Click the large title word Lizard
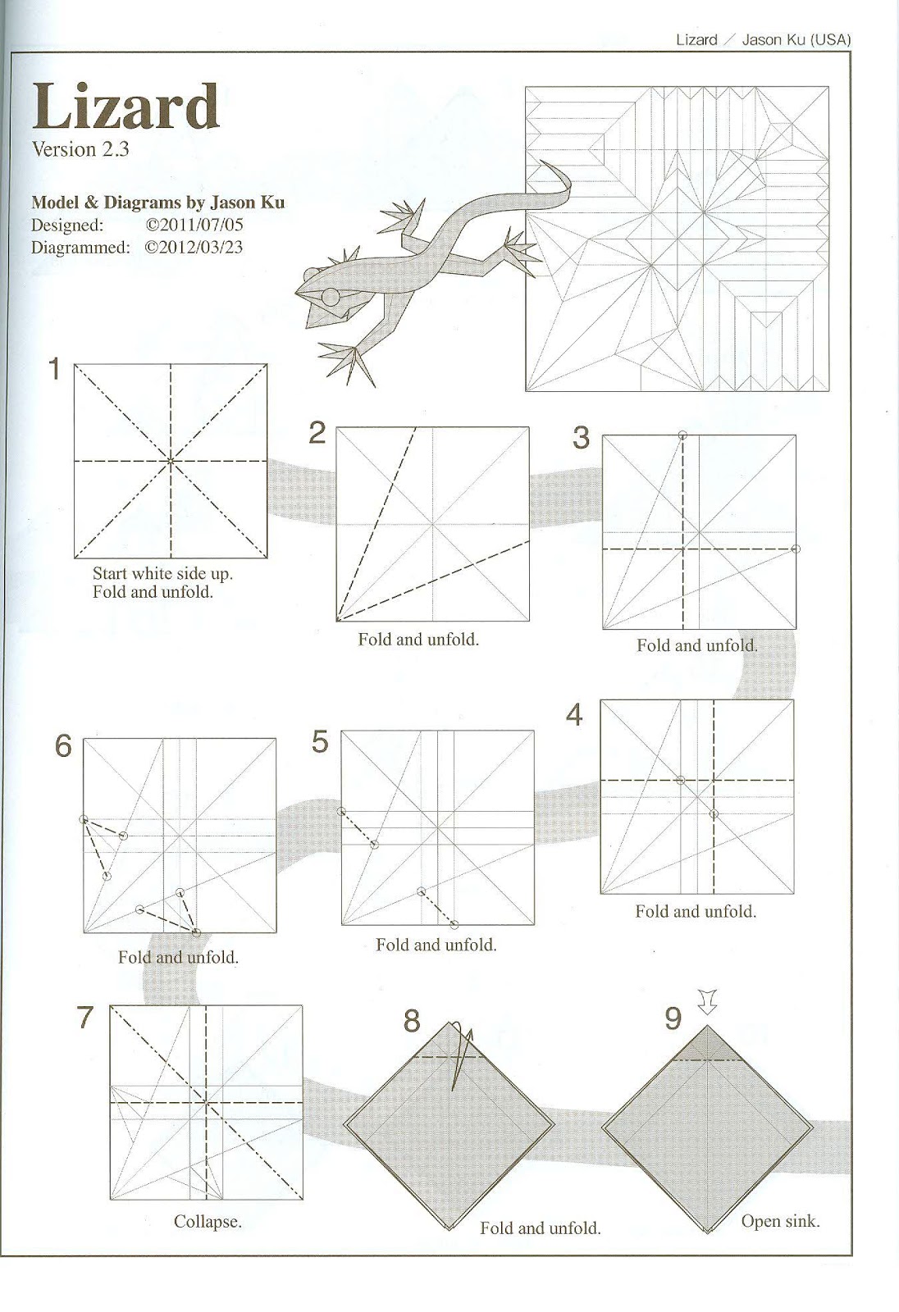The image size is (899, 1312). point(125,107)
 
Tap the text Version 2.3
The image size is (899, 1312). point(80,149)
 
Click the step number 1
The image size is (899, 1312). point(54,369)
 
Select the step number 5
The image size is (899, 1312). point(320,741)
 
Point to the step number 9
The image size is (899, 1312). point(673,1018)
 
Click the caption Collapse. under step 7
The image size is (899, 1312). point(208,1221)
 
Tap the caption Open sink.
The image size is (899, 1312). point(779,1220)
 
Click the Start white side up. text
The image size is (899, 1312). point(162,573)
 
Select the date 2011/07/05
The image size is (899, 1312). point(194,225)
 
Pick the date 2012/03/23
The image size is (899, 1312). point(194,247)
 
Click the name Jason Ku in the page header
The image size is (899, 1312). point(773,39)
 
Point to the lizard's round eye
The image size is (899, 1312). point(331,297)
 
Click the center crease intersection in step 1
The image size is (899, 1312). point(171,462)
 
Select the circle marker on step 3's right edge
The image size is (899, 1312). point(795,549)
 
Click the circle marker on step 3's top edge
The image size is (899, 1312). point(682,435)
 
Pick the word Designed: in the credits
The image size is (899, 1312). point(67,225)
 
